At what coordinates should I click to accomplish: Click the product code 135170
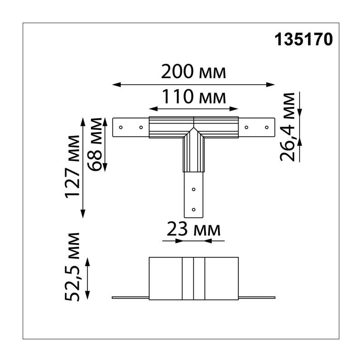(x=304, y=39)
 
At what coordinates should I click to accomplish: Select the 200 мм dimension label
(x=194, y=72)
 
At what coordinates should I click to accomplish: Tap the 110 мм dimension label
(x=194, y=96)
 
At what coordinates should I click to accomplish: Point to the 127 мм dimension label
(x=72, y=167)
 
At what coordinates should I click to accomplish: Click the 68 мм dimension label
(x=95, y=144)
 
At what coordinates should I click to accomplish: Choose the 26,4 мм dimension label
(x=287, y=127)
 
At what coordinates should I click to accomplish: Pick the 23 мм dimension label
(x=194, y=229)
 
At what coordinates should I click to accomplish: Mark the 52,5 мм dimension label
(x=72, y=267)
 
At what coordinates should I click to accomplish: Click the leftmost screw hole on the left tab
(x=121, y=128)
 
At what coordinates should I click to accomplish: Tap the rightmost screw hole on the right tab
(x=267, y=128)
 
